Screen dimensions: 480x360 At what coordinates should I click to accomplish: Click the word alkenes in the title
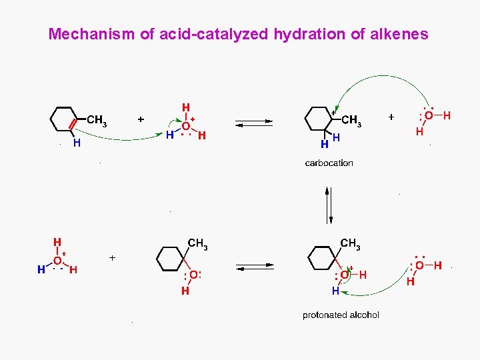click(398, 34)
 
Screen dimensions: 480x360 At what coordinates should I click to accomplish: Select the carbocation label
click(329, 163)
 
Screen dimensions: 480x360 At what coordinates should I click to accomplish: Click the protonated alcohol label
click(341, 315)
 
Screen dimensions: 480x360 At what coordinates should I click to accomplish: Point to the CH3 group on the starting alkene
click(97, 121)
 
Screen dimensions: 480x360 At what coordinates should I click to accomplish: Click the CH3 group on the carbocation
click(351, 121)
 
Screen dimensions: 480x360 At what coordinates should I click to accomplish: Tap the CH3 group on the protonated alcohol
click(350, 244)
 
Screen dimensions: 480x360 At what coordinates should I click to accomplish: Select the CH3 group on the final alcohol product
click(198, 244)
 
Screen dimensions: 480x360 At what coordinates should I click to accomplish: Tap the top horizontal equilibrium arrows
click(255, 123)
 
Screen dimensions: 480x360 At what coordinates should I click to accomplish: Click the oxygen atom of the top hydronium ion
click(185, 125)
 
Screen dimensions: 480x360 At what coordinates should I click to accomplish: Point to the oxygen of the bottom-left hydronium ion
click(57, 261)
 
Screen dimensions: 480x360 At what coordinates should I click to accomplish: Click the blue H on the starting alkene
click(77, 143)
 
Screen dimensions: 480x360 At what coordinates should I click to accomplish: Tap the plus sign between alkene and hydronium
click(141, 119)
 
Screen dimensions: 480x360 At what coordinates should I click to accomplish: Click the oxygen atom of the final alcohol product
click(192, 275)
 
